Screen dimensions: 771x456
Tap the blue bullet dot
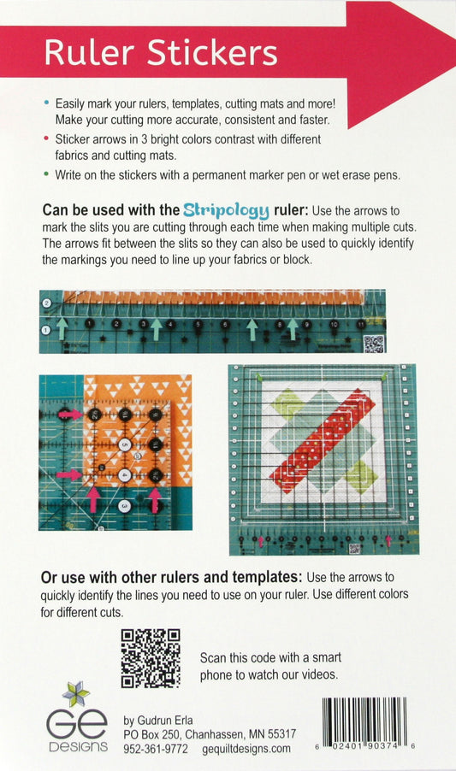[46, 103]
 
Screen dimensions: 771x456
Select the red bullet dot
[46, 137]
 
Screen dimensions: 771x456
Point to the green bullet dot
[46, 174]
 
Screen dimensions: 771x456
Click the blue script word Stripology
[226, 209]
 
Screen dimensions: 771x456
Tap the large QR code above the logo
[151, 658]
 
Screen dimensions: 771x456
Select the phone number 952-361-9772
[155, 748]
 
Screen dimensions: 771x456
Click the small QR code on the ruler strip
[373, 344]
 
